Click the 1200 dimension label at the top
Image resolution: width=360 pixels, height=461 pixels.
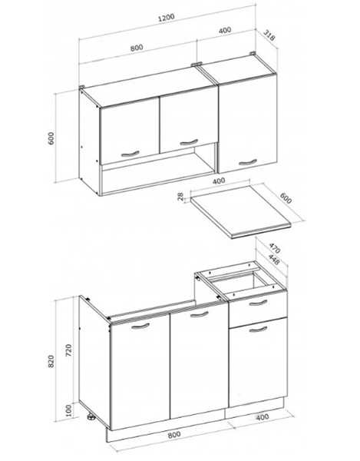pos(167,18)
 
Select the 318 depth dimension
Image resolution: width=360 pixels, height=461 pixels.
pos(269,35)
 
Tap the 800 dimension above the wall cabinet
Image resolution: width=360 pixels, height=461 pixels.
pos(137,48)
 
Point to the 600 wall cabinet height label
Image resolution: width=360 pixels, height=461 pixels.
pos(51,138)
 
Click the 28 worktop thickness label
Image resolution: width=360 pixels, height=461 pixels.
pos(181,196)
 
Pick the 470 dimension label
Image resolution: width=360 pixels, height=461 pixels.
pos(275,248)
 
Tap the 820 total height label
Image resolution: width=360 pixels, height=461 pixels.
pos(51,361)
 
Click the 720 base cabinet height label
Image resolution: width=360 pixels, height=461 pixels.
pos(68,350)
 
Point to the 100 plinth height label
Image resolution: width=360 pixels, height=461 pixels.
pos(68,410)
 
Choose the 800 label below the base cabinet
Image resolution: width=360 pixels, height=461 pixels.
pos(174,435)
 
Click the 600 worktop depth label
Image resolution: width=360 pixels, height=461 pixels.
pos(286,198)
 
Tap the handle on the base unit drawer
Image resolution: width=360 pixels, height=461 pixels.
pos(258,303)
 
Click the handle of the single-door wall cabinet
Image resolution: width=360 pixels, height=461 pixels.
pos(247,162)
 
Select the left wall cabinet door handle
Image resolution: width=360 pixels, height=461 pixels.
pos(130,154)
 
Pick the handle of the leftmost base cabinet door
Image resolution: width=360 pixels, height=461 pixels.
pos(140,326)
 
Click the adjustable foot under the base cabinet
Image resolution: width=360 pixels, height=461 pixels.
pos(91,416)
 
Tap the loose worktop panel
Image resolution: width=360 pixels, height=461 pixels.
pos(241,210)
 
